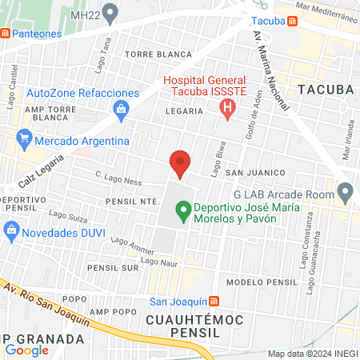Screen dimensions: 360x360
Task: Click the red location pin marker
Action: pos(181,164)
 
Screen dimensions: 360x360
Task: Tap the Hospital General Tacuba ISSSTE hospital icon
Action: pos(229,107)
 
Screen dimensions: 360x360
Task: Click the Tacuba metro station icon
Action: pos(292,21)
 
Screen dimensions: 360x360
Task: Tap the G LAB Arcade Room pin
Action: pos(346,192)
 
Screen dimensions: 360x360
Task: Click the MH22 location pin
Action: pos(111,14)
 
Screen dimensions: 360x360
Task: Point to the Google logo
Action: pos(26,350)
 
